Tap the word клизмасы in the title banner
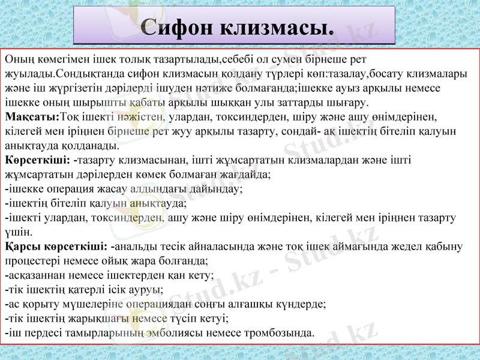click(x=277, y=27)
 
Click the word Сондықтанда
click(x=88, y=74)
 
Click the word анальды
click(x=137, y=247)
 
